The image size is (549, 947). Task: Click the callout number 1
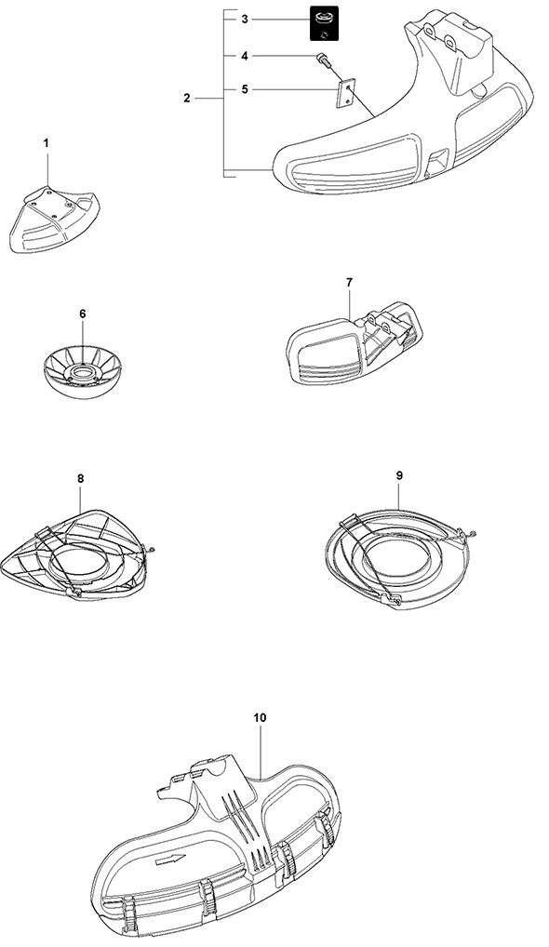tap(47, 143)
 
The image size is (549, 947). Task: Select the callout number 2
tap(187, 98)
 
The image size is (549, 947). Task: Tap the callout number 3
tap(245, 20)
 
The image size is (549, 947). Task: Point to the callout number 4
tap(245, 56)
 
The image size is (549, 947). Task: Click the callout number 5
tap(245, 89)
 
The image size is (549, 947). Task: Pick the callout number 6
tap(83, 313)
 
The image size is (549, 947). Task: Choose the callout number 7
tap(350, 282)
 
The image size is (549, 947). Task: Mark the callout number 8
tap(81, 478)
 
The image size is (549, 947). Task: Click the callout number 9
tap(399, 475)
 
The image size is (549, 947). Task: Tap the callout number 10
tap(261, 717)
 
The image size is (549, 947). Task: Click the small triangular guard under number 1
tap(54, 220)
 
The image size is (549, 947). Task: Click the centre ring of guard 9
tap(396, 558)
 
